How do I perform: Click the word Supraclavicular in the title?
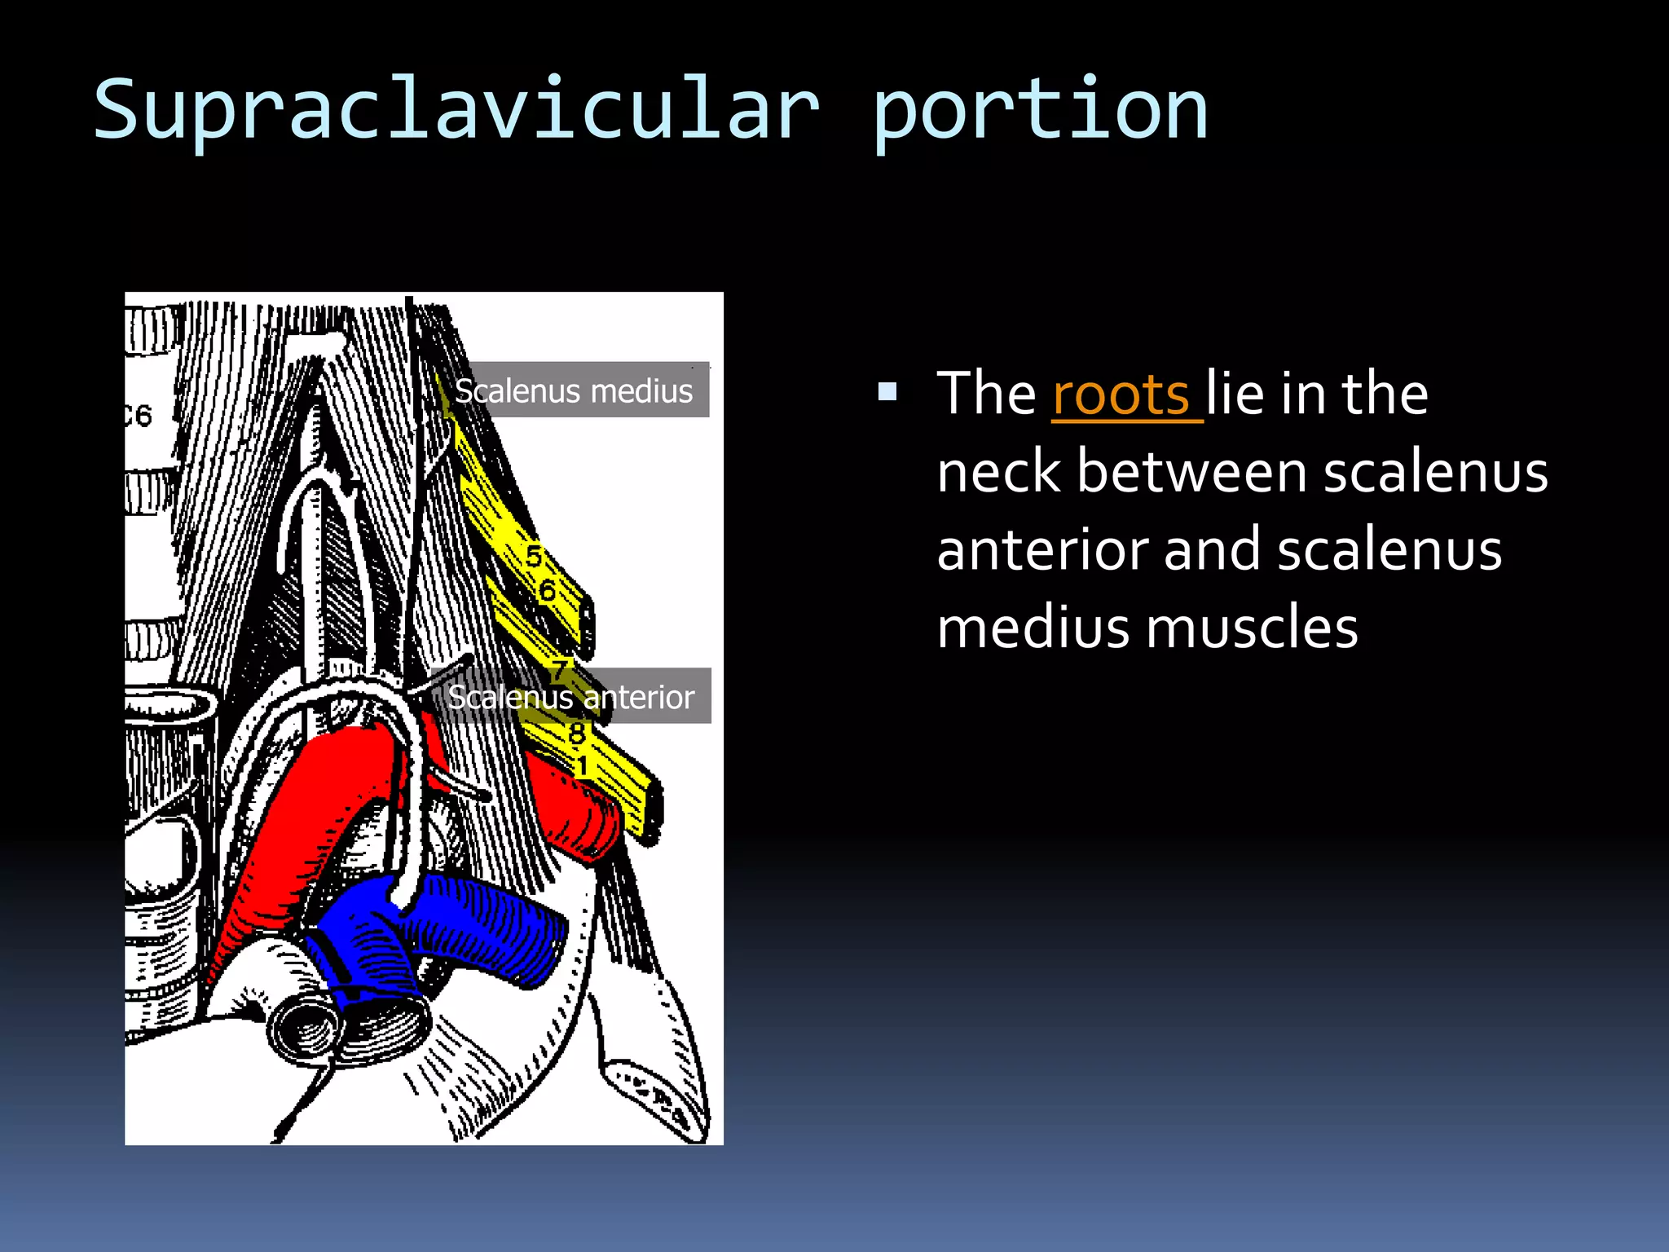(456, 110)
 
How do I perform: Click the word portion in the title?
(1039, 110)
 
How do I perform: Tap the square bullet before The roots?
(887, 393)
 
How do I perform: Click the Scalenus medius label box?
(575, 390)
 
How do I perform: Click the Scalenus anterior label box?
(571, 697)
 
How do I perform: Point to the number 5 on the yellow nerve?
(534, 557)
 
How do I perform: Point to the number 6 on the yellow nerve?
(548, 591)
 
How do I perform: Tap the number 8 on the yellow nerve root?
(577, 734)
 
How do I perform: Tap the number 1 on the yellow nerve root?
(582, 766)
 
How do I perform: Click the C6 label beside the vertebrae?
(139, 416)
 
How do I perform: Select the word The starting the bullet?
(986, 395)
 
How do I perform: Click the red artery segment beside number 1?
(579, 815)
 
